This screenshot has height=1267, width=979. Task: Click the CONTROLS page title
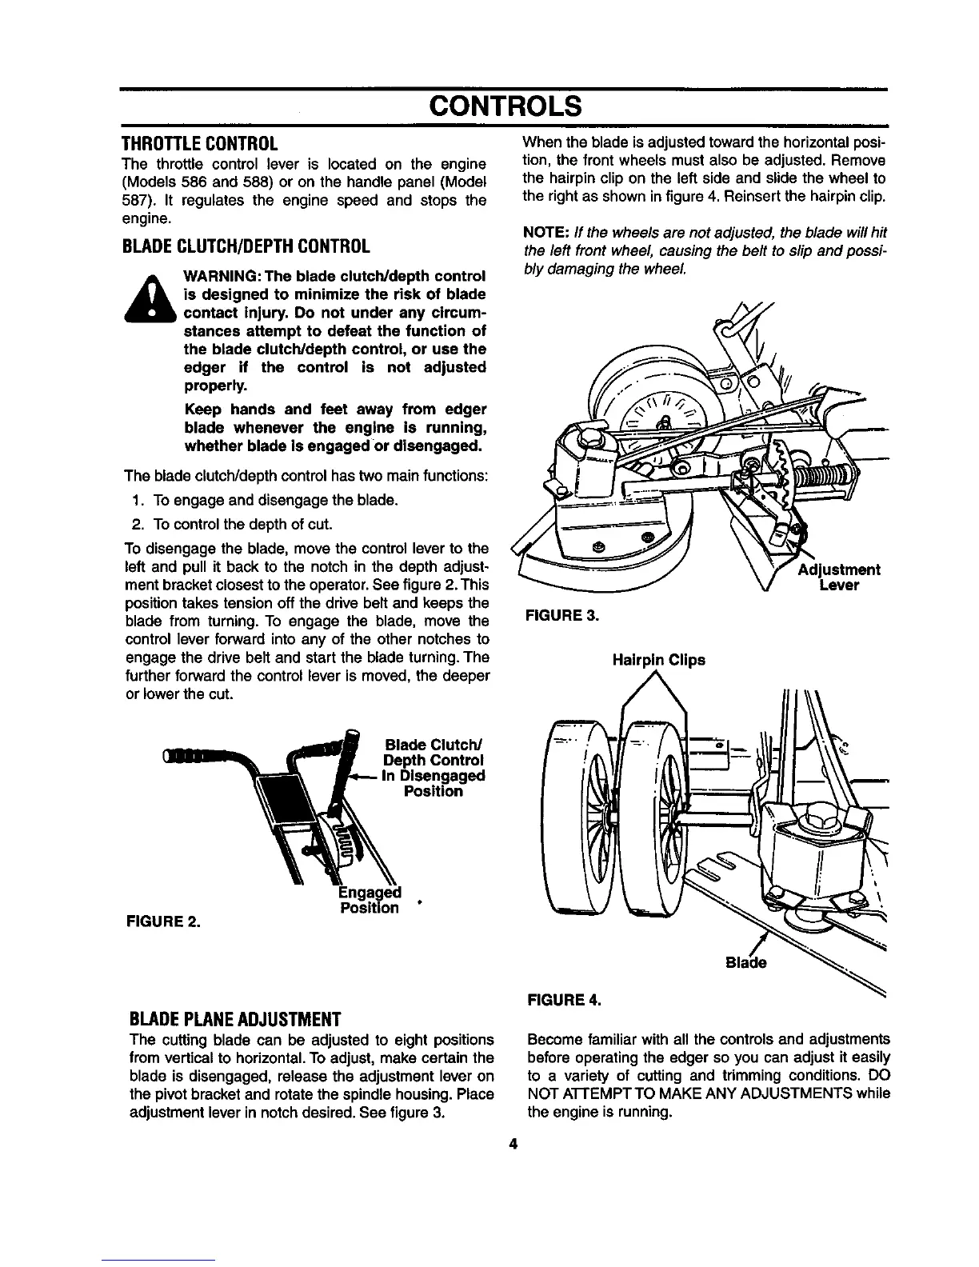click(x=502, y=106)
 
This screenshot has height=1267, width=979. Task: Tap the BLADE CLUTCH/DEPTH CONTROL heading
click(x=245, y=245)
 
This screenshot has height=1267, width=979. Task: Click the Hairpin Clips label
click(x=658, y=661)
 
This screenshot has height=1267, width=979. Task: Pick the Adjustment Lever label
click(x=839, y=577)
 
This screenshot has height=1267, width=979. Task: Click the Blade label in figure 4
click(x=745, y=962)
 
